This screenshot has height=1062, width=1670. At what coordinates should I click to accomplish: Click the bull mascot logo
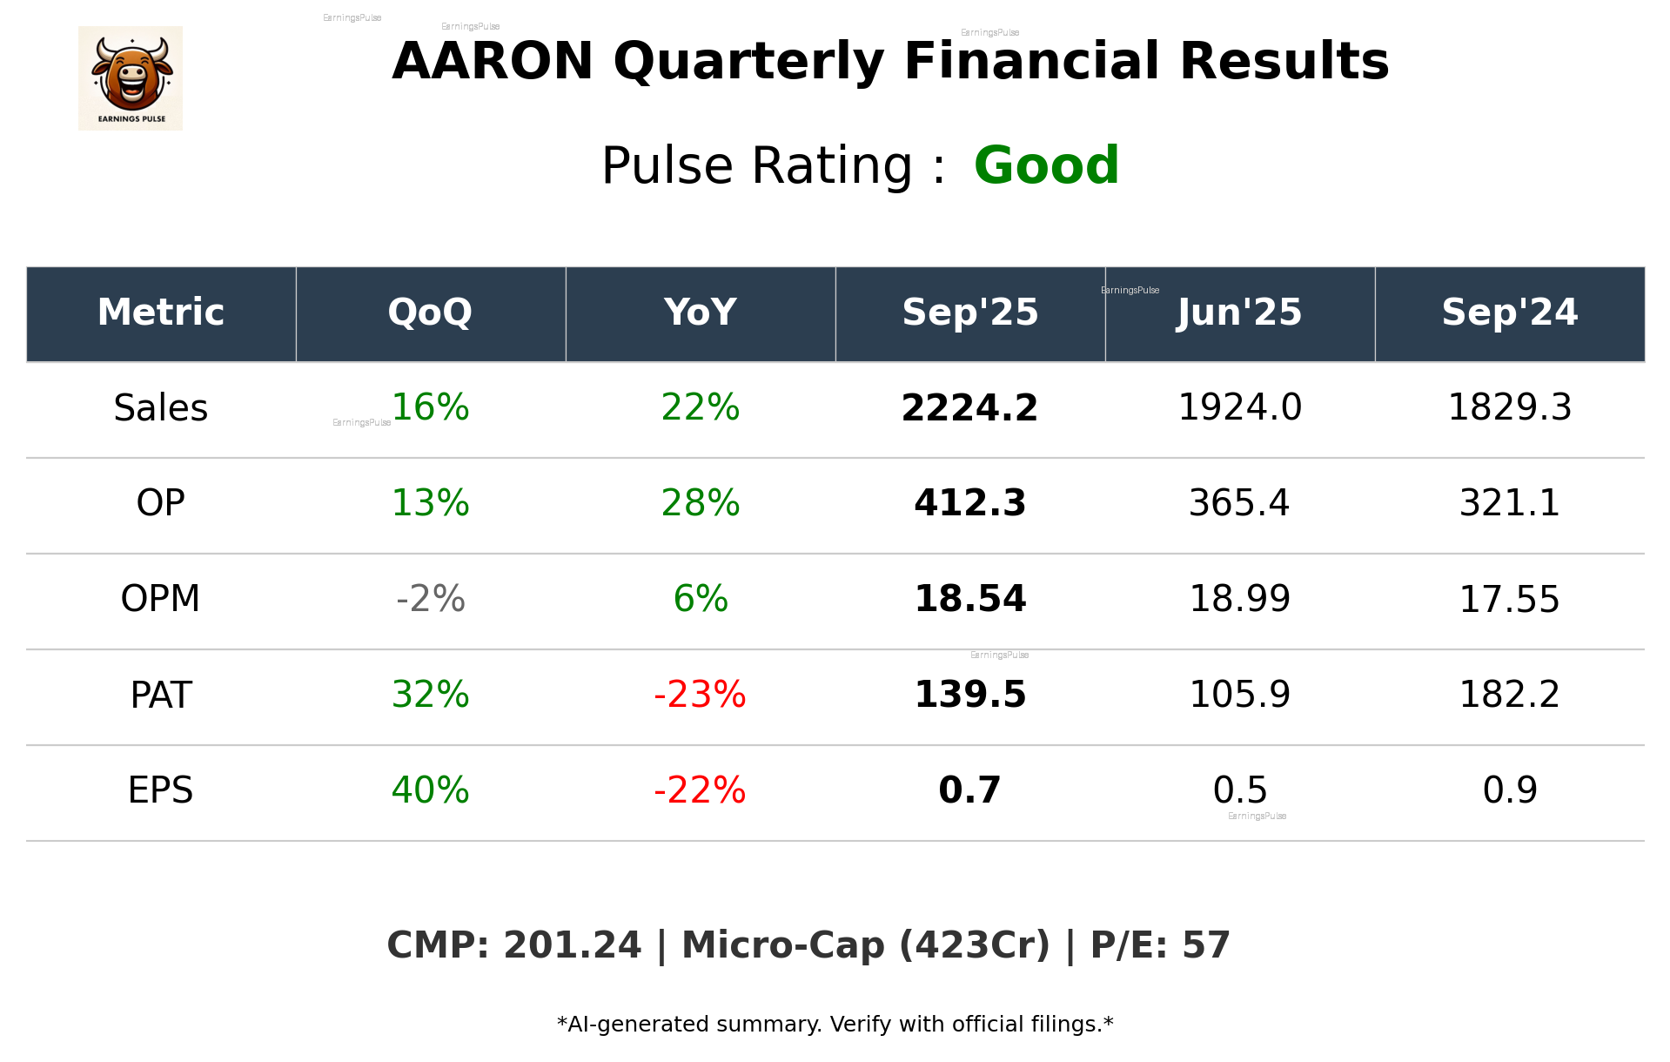coord(131,78)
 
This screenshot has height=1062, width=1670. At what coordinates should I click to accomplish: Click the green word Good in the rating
coord(1046,165)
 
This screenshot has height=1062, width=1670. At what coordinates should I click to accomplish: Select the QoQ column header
coord(430,313)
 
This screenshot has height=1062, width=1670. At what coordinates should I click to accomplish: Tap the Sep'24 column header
coord(1509,313)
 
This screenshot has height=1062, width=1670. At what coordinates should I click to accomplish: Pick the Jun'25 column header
coord(1239,313)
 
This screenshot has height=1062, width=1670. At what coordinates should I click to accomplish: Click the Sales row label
coord(161,408)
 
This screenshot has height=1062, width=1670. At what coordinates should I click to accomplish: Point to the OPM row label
coord(161,599)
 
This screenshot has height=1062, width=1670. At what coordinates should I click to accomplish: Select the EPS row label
coord(161,790)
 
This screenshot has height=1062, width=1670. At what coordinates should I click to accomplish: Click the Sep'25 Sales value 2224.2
coord(969,408)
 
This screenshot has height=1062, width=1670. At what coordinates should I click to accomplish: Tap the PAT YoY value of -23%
coord(700,695)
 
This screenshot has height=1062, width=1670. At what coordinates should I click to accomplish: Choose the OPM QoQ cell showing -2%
coord(430,599)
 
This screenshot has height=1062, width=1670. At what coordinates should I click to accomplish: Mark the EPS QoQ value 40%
coord(430,790)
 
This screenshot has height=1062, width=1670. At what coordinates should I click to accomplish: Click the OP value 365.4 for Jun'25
coord(1239,503)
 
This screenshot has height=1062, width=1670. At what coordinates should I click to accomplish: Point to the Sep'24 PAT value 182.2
coord(1509,695)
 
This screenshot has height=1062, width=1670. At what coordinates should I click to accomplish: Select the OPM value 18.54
coord(969,599)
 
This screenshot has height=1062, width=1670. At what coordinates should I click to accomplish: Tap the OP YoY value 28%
coord(700,503)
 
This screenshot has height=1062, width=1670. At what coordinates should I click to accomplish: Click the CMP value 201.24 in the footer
coord(572,946)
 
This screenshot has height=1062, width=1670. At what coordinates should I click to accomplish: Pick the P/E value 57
coord(1206,946)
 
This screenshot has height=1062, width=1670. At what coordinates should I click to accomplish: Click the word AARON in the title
coord(493,62)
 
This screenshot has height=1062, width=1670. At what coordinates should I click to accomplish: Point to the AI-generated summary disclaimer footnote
coord(835,1025)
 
